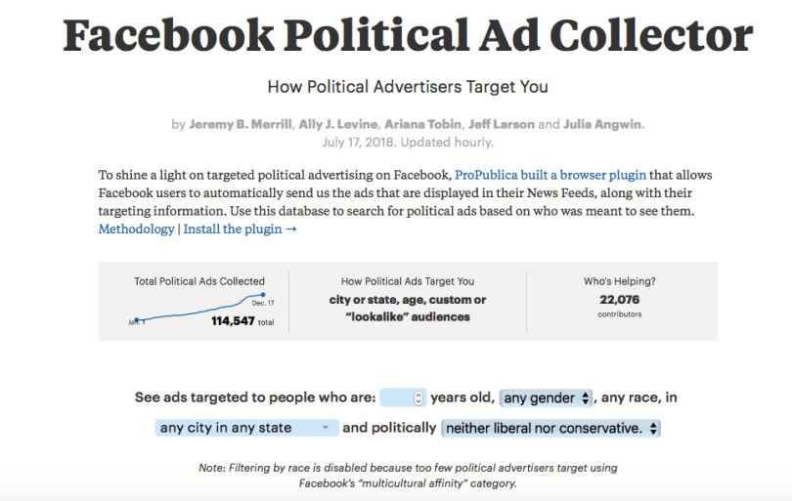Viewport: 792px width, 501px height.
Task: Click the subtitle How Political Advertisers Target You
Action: (408, 86)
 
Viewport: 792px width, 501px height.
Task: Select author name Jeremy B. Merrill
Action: (240, 124)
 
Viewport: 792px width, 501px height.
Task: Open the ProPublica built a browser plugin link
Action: (550, 175)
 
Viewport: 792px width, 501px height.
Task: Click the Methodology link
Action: (136, 229)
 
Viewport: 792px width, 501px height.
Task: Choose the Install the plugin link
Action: (239, 229)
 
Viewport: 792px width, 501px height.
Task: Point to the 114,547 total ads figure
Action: (233, 320)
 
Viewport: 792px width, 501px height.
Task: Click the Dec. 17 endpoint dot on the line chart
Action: (263, 294)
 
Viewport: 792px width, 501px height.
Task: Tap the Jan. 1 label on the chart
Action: (138, 320)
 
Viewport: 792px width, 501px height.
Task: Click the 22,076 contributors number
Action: (619, 299)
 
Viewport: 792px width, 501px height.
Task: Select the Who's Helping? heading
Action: (620, 281)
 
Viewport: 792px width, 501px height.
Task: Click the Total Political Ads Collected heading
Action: (199, 281)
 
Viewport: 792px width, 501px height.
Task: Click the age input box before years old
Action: (402, 397)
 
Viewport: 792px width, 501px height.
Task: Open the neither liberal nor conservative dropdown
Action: (550, 428)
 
